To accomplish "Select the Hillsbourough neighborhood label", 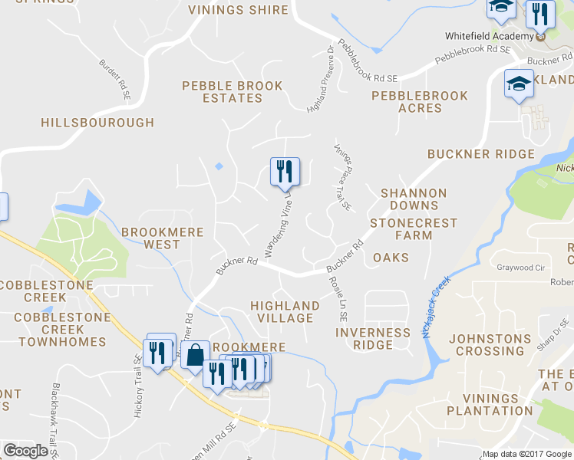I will pyautogui.click(x=97, y=123).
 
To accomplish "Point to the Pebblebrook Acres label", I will pyautogui.click(x=420, y=102).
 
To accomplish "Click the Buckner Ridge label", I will pyautogui.click(x=481, y=154).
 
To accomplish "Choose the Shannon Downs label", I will pyautogui.click(x=414, y=199).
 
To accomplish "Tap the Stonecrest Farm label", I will pyautogui.click(x=414, y=229).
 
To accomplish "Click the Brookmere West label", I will pyautogui.click(x=162, y=238).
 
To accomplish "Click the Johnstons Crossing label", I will pyautogui.click(x=490, y=345).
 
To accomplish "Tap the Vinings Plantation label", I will pyautogui.click(x=498, y=405).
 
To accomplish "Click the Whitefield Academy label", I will pyautogui.click(x=490, y=37).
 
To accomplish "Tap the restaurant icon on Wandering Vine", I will pyautogui.click(x=285, y=171).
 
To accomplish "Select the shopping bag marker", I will pyautogui.click(x=195, y=355).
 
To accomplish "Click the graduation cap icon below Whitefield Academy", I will pyautogui.click(x=518, y=84).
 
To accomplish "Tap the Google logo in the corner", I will pyautogui.click(x=25, y=451).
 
